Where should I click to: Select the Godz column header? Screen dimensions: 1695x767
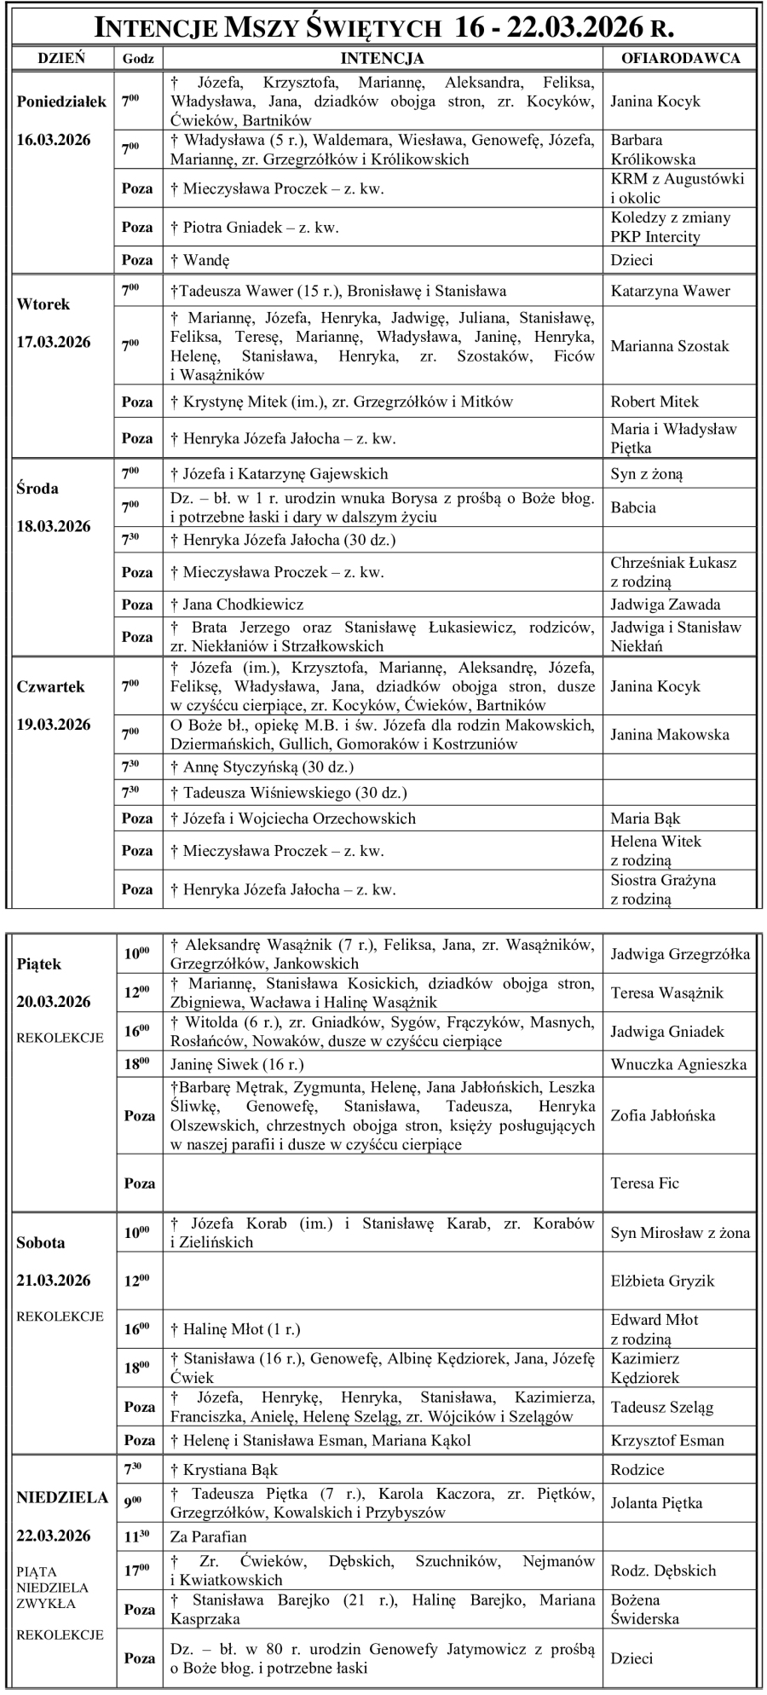(138, 58)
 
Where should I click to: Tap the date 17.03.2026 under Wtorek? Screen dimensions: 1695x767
(54, 342)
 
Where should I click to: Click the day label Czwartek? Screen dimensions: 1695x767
(50, 686)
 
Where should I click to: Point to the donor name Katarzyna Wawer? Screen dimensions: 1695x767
(670, 292)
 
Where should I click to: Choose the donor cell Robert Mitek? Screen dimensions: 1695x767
(655, 402)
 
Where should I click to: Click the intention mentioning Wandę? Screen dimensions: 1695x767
(206, 260)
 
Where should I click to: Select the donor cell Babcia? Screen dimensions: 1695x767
(633, 507)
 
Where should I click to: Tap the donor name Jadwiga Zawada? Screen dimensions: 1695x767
(666, 605)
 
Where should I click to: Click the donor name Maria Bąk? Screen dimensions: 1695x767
(645, 819)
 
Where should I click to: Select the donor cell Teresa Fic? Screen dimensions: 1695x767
(645, 1183)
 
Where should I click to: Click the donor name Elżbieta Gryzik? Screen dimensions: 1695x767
(662, 1281)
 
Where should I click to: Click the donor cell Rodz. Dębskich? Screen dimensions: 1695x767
(663, 1570)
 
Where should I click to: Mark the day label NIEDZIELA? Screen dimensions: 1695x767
(62, 1498)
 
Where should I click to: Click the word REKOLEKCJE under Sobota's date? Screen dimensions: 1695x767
(60, 1316)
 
